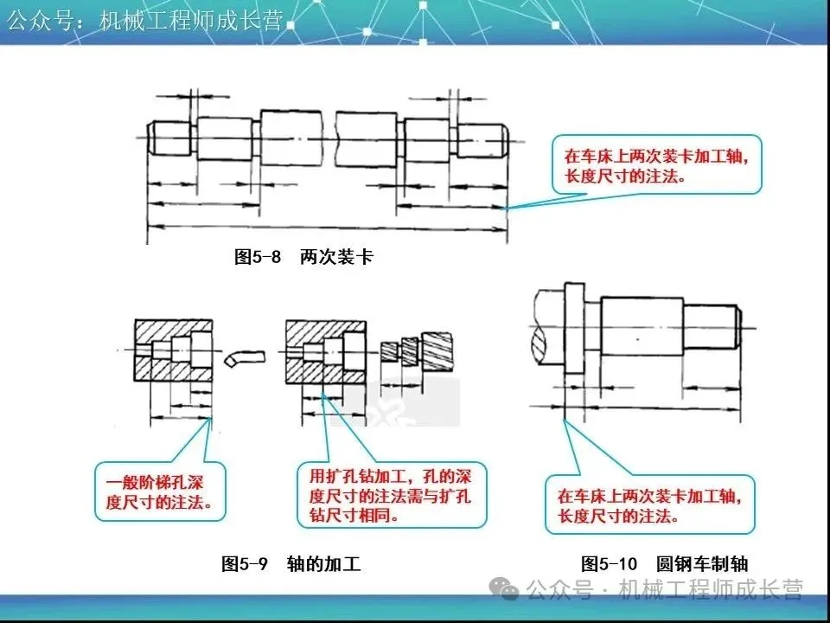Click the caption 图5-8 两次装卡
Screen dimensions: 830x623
pyautogui.click(x=304, y=257)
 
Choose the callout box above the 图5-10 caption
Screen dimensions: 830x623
pyautogui.click(x=648, y=505)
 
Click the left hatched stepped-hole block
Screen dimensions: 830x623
pyautogui.click(x=171, y=350)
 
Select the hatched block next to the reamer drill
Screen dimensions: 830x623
pyautogui.click(x=323, y=350)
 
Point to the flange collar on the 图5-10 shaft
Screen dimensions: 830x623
pyautogui.click(x=573, y=329)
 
